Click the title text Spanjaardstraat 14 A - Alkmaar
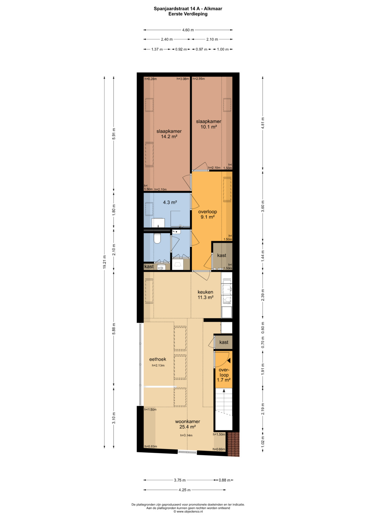(x=188, y=9)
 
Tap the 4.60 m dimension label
(x=188, y=30)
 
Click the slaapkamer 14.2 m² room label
(x=169, y=134)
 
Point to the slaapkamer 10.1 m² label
(x=209, y=124)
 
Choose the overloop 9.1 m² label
(x=207, y=214)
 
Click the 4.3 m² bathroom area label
(x=170, y=202)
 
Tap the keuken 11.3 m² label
(x=205, y=295)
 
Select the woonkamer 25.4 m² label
(x=188, y=424)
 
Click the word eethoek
(x=158, y=359)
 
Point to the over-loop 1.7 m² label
(x=224, y=375)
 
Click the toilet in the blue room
(x=157, y=238)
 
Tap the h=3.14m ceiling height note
(x=186, y=435)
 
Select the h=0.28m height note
(x=151, y=79)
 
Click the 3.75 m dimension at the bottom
(x=180, y=480)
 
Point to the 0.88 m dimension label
(x=225, y=480)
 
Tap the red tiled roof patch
(x=233, y=444)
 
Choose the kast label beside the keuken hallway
(x=224, y=342)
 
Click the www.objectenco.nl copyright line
(x=188, y=511)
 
